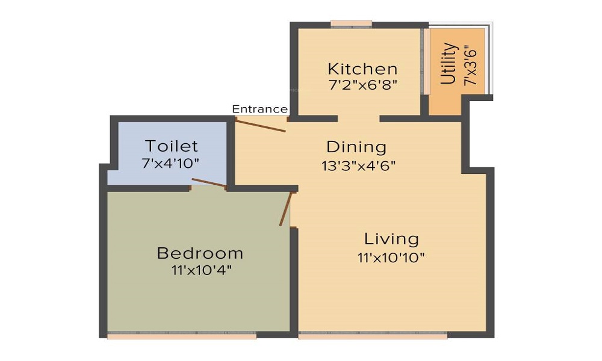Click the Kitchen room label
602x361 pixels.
[x=362, y=69]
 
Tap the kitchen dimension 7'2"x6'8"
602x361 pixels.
[x=362, y=85]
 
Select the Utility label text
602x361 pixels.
[x=448, y=64]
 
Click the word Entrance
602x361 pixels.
[x=259, y=109]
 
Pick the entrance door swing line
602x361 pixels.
[x=260, y=125]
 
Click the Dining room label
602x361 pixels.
[x=356, y=147]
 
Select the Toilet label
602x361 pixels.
[x=171, y=146]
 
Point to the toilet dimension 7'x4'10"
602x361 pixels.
[x=171, y=162]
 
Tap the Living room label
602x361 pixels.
[x=391, y=239]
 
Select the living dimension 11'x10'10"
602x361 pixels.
[x=391, y=258]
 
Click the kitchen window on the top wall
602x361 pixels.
[x=351, y=25]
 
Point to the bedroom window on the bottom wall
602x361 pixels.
[x=182, y=336]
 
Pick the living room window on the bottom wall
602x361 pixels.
[x=373, y=336]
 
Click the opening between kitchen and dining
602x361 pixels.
[x=358, y=119]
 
